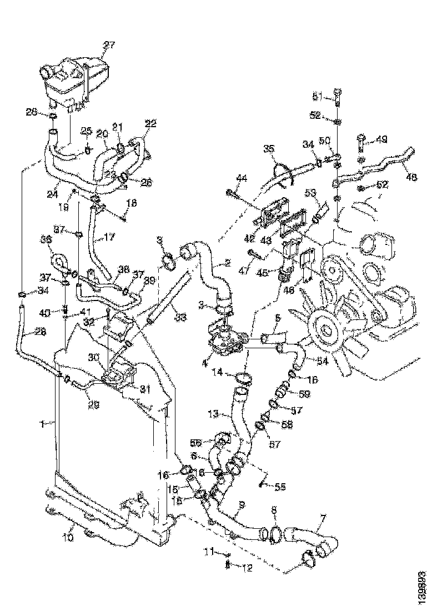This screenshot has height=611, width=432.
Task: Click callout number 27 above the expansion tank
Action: pyautogui.click(x=108, y=45)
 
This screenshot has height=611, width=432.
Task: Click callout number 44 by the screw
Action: pyautogui.click(x=242, y=178)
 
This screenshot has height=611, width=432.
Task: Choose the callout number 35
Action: pyautogui.click(x=269, y=148)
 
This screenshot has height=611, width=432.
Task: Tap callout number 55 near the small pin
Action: pyautogui.click(x=280, y=487)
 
